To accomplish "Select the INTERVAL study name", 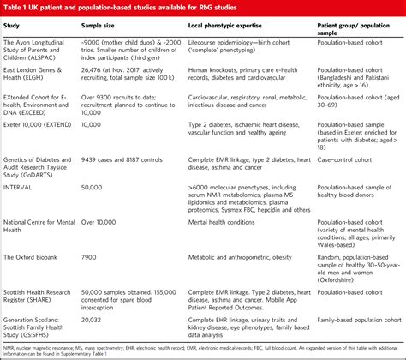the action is point(21,184).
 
